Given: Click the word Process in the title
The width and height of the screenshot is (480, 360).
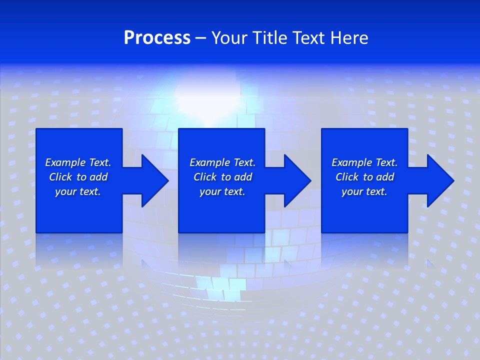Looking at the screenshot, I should (157, 38).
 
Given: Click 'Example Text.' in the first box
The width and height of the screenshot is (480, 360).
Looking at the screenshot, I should (78, 162).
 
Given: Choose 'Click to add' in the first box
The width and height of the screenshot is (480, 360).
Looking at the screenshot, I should (78, 177).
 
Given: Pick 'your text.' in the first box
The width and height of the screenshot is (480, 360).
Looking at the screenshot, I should (78, 191).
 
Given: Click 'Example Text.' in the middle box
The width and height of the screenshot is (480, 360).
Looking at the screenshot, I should (222, 162).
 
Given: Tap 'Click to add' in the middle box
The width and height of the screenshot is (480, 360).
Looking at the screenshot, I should (222, 177).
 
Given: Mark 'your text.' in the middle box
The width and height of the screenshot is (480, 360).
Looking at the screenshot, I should (222, 191).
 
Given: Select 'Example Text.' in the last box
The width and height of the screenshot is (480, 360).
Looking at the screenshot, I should (364, 162).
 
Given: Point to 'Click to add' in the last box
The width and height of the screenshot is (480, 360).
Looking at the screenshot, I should (364, 177).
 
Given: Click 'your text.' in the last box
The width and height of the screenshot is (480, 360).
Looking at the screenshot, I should (364, 191).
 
